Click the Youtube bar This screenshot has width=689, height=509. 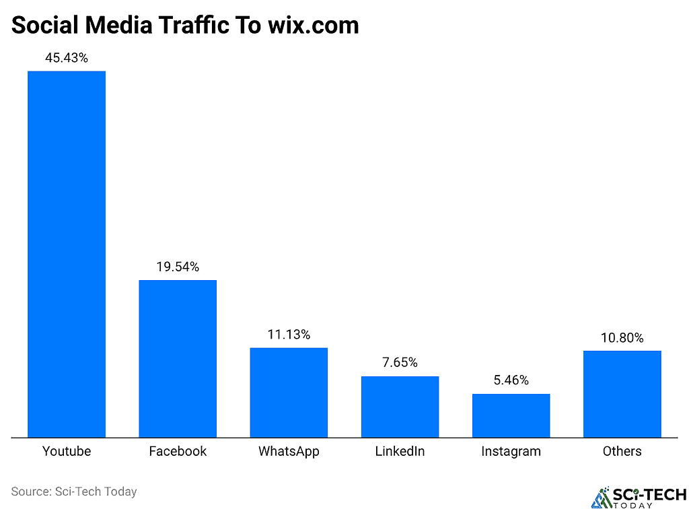click(x=67, y=254)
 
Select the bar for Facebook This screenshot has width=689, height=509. click(x=178, y=358)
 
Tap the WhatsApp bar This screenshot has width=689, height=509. click(x=289, y=393)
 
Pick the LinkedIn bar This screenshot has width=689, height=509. click(x=400, y=407)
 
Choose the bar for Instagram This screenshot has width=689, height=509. click(x=511, y=415)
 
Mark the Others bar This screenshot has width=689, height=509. click(x=622, y=394)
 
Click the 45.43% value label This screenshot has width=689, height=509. click(x=67, y=58)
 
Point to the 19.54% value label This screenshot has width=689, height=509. click(x=178, y=267)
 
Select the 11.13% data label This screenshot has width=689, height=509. click(x=289, y=335)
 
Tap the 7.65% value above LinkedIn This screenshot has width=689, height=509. click(x=400, y=363)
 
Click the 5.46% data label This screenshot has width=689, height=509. click(x=511, y=380)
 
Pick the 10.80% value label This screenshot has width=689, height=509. click(x=622, y=337)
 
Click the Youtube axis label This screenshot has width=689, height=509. click(x=67, y=451)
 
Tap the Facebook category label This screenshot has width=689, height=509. click(x=178, y=451)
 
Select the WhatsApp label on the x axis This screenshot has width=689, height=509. click(x=289, y=451)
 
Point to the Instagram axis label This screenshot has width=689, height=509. click(x=511, y=451)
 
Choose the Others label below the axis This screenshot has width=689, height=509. click(x=622, y=451)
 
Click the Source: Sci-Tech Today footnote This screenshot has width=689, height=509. click(x=74, y=491)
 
